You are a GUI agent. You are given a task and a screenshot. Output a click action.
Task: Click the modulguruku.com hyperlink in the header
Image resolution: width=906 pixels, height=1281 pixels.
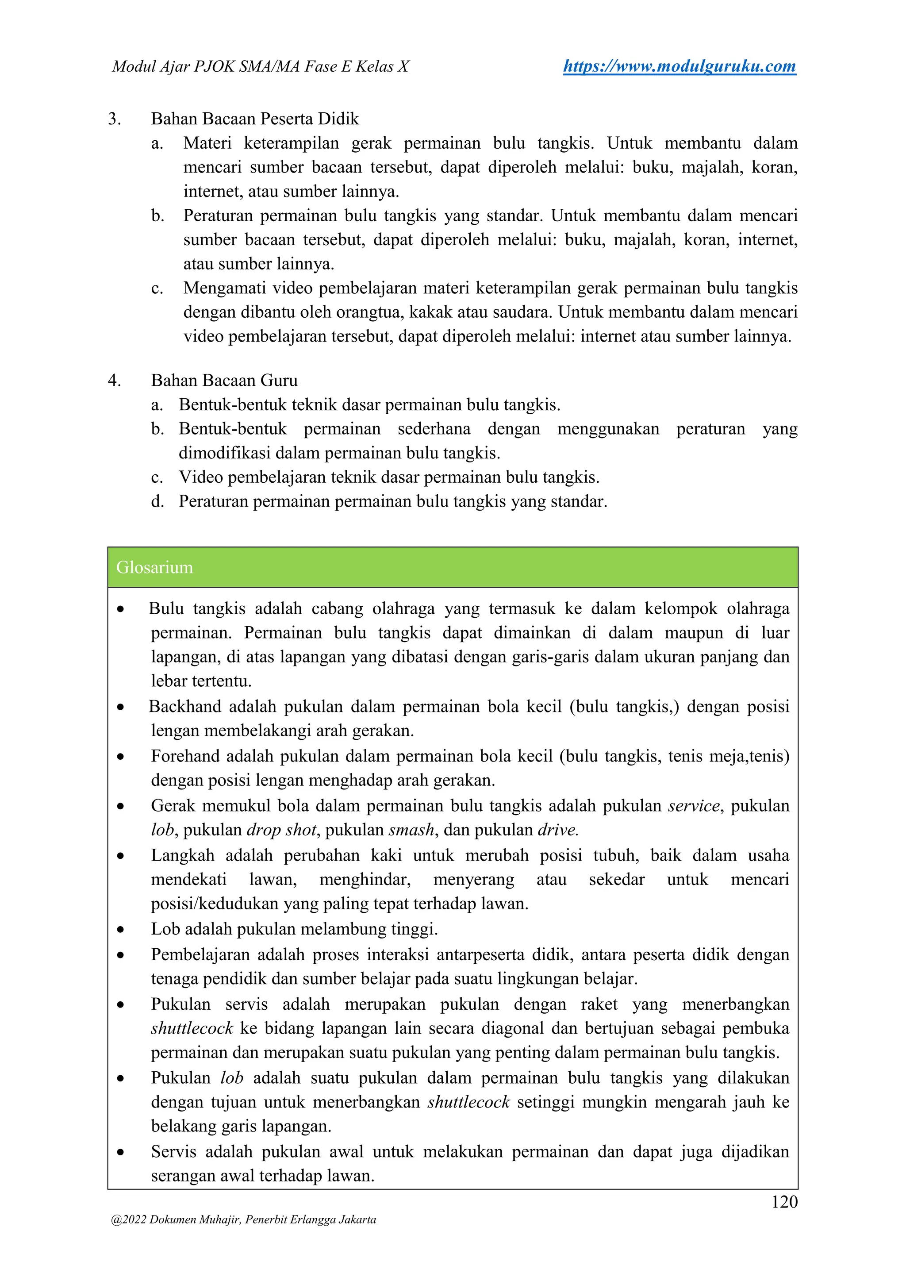[x=679, y=66]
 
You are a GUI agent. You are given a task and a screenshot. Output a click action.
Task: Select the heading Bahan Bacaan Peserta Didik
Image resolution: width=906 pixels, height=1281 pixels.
[x=255, y=119]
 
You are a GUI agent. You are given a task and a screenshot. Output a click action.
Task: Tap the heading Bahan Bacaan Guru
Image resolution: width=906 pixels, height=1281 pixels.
[x=224, y=381]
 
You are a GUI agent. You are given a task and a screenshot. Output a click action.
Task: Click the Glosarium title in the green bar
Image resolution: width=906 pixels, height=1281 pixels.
[x=154, y=567]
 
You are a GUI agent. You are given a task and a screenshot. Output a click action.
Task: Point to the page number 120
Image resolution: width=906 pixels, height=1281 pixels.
[x=784, y=1201]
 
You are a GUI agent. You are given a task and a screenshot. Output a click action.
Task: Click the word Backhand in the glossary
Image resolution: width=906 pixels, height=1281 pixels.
[x=184, y=706]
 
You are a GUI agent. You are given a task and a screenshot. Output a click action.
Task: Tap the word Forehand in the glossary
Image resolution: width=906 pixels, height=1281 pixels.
[x=185, y=756]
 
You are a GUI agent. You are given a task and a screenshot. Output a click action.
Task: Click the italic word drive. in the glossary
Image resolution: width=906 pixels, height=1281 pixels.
[x=558, y=830]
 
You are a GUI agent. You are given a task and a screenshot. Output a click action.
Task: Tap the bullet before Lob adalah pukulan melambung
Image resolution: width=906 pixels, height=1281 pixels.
[x=120, y=930]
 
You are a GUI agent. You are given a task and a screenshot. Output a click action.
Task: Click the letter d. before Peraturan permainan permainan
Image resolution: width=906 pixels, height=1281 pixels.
[x=157, y=502]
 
